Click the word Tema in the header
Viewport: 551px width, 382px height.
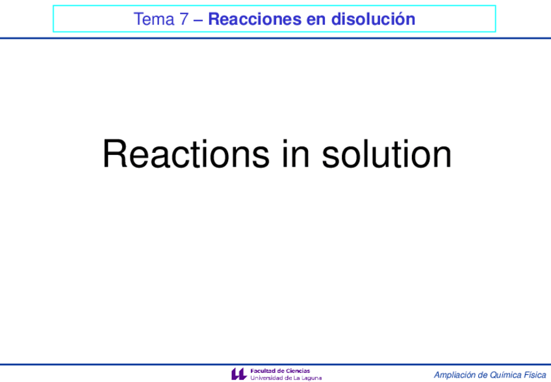coord(152,20)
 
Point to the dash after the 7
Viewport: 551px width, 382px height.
coord(198,20)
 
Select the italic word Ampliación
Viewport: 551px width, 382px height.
coord(454,375)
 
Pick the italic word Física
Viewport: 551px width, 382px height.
coord(535,375)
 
